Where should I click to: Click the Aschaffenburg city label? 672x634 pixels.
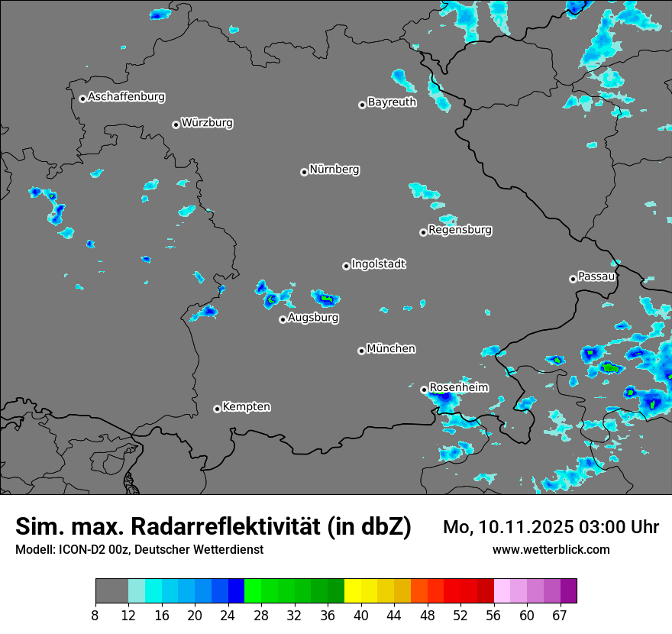coord(126,97)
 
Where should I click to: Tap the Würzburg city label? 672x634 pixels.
coord(207,123)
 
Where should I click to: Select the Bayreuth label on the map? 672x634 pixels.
coord(392,102)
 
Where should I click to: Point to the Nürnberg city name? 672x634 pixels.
coord(334,170)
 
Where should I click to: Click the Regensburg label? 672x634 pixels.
coord(460,230)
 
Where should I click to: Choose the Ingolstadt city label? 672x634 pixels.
coord(378,264)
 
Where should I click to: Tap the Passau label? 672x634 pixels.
coord(596,277)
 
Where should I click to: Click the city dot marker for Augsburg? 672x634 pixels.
coord(283,319)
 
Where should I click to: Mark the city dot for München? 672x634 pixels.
coord(361,351)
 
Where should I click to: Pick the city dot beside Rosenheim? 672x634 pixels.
coord(424,390)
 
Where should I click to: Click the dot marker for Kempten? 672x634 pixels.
coord(217,409)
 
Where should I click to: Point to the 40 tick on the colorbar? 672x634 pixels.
coord(361,616)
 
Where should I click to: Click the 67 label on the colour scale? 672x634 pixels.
coord(560,616)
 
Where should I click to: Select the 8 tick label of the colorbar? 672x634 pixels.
coord(95,616)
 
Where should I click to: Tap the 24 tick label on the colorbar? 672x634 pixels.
coord(228,616)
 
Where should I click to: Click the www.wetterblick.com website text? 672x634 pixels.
coord(551,550)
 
